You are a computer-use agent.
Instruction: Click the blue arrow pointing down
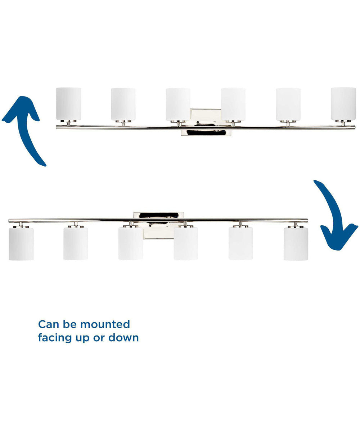pos(335,215)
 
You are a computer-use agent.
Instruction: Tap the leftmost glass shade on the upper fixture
pos(69,104)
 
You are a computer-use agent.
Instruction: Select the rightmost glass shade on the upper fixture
pos(343,104)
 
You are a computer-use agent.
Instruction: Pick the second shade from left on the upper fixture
pos(123,104)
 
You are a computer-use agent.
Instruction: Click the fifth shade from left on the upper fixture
pos(288,104)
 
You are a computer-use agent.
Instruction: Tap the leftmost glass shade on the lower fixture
pos(21,244)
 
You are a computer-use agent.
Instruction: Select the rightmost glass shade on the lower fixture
pos(296,244)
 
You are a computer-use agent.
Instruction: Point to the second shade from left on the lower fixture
pos(76,243)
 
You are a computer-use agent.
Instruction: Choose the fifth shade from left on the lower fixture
pos(241,243)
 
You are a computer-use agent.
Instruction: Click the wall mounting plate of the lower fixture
pos(158,225)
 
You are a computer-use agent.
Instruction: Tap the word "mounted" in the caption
pos(105,324)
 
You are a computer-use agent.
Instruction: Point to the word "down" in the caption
pos(123,337)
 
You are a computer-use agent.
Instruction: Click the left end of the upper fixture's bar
pos(57,127)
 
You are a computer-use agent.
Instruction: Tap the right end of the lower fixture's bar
pos(307,221)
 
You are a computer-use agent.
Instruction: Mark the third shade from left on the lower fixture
pos(131,243)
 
